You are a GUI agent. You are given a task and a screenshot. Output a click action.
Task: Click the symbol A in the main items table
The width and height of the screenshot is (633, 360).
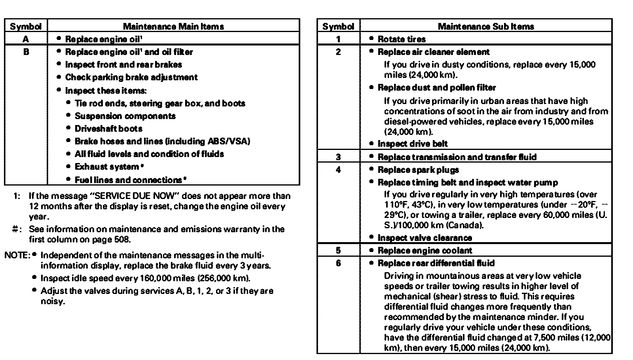pos(26,39)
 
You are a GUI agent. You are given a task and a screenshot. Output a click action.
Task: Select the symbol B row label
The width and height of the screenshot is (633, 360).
pos(26,52)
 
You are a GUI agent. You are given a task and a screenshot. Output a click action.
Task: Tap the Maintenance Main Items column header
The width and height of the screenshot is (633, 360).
pos(173,27)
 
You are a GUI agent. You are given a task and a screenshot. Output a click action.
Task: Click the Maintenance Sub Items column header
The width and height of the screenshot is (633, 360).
pos(486,27)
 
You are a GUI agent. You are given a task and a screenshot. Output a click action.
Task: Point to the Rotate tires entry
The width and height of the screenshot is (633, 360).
pos(402,39)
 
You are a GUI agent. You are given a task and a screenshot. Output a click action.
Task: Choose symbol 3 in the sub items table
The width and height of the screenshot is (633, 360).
pos(338,157)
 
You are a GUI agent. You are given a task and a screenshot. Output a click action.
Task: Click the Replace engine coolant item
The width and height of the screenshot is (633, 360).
pos(425,250)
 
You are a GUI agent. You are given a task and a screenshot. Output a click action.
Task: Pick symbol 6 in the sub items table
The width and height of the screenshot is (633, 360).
pos(338,263)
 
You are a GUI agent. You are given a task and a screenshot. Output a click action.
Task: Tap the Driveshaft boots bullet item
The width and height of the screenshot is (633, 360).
pos(108,129)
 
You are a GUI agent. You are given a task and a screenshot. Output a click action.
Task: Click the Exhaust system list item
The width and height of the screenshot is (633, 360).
pos(107,167)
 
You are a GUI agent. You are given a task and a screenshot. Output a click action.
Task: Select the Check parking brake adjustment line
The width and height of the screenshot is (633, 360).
pos(131,77)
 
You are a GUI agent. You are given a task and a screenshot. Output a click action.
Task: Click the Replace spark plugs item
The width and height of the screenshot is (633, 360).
pos(418,170)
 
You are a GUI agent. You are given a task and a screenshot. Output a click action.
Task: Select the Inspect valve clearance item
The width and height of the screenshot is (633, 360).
pos(425,238)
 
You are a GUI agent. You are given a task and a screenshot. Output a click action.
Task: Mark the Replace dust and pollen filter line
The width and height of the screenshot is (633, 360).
pos(436,87)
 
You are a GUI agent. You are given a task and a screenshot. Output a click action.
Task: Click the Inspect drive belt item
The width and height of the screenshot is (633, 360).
pos(413,144)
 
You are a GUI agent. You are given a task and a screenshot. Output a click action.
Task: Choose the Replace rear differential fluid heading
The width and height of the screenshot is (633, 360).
pos(436,263)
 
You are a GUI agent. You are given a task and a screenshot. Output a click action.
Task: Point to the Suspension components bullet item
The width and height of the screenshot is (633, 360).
pos(125,116)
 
